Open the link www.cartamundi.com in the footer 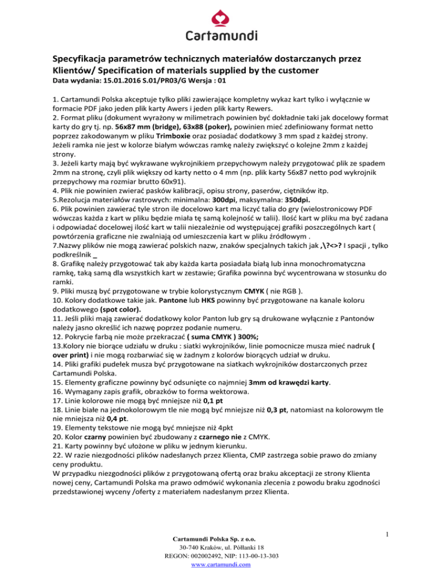221,565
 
